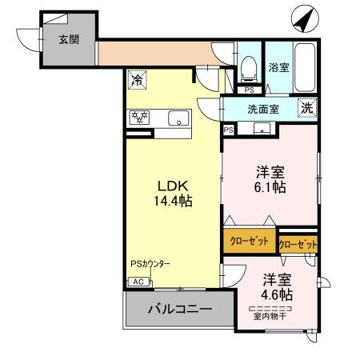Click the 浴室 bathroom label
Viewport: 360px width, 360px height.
pyautogui.click(x=278, y=68)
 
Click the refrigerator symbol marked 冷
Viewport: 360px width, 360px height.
pyautogui.click(x=137, y=81)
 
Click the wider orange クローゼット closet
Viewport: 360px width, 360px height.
pyautogui.click(x=250, y=241)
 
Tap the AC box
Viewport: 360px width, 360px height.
pyautogui.click(x=137, y=282)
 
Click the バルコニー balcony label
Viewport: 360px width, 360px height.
pyautogui.click(x=178, y=308)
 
